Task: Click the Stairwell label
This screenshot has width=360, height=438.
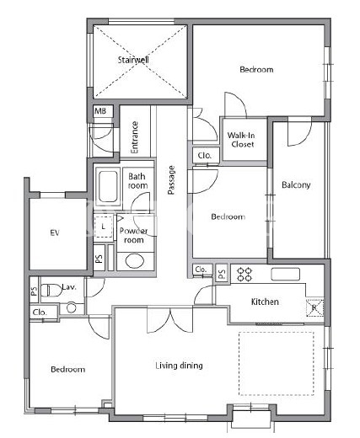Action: coord(133,60)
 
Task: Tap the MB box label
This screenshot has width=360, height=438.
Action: coord(100,111)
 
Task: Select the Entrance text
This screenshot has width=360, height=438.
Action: coord(135,137)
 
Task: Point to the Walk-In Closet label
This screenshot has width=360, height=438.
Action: coord(241,140)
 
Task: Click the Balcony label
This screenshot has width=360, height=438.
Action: coord(296,184)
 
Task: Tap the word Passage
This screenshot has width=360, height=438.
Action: coord(171,180)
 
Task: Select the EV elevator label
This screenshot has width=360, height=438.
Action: coord(55,232)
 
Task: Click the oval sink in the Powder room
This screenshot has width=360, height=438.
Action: coord(135,261)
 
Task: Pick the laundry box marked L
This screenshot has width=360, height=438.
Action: coord(103,227)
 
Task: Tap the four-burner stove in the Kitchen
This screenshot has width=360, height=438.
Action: coord(244,275)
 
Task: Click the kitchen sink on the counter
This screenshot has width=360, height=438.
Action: coord(285,274)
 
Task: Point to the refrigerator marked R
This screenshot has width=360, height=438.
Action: coord(314,308)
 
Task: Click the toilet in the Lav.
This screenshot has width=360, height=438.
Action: coord(51,291)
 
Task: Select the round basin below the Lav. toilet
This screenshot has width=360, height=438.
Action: coord(72,307)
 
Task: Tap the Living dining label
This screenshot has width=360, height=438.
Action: coord(179,366)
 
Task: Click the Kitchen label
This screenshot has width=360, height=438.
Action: coord(265,302)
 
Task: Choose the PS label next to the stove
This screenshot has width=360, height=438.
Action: coord(222,273)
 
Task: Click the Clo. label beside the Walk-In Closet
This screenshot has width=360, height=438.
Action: coord(205,155)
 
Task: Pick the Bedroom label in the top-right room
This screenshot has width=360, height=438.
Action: coord(256,69)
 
